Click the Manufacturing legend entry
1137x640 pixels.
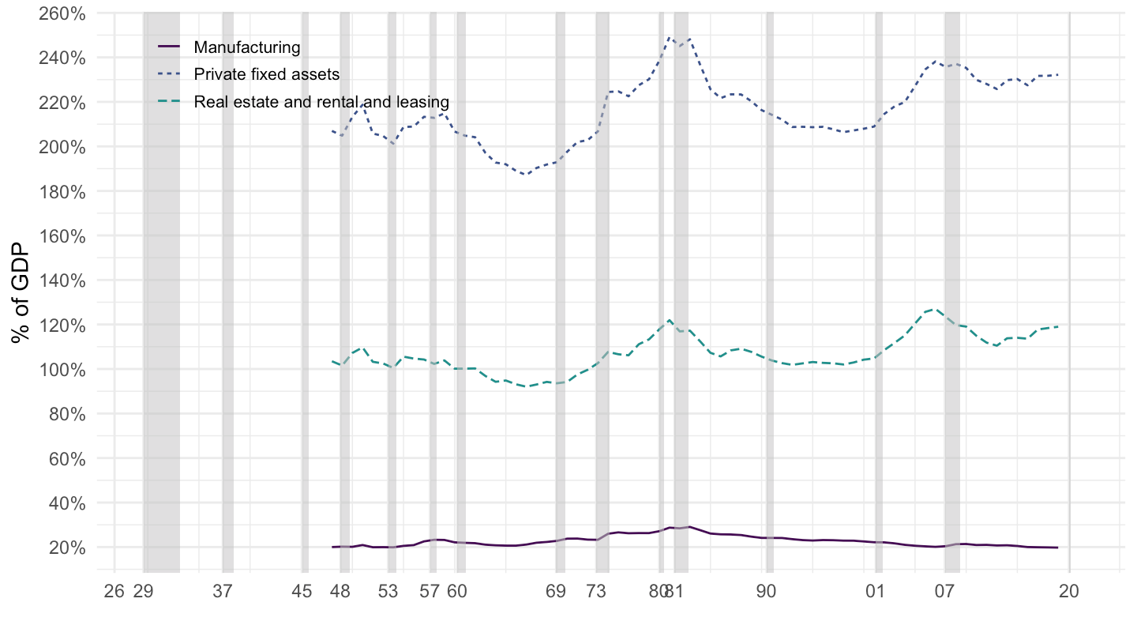[x=246, y=47]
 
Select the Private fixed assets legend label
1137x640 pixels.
[x=266, y=74]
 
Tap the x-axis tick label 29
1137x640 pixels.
[x=143, y=591]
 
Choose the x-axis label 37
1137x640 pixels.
[x=223, y=591]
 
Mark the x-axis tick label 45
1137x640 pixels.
[x=302, y=591]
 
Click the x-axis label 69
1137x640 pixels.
[x=556, y=591]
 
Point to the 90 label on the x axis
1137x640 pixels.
[x=766, y=591]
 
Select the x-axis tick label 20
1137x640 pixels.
[x=1070, y=591]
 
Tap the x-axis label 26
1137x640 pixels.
[x=114, y=591]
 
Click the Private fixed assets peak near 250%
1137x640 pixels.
[x=670, y=36]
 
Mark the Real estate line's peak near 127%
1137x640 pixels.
[x=935, y=309]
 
